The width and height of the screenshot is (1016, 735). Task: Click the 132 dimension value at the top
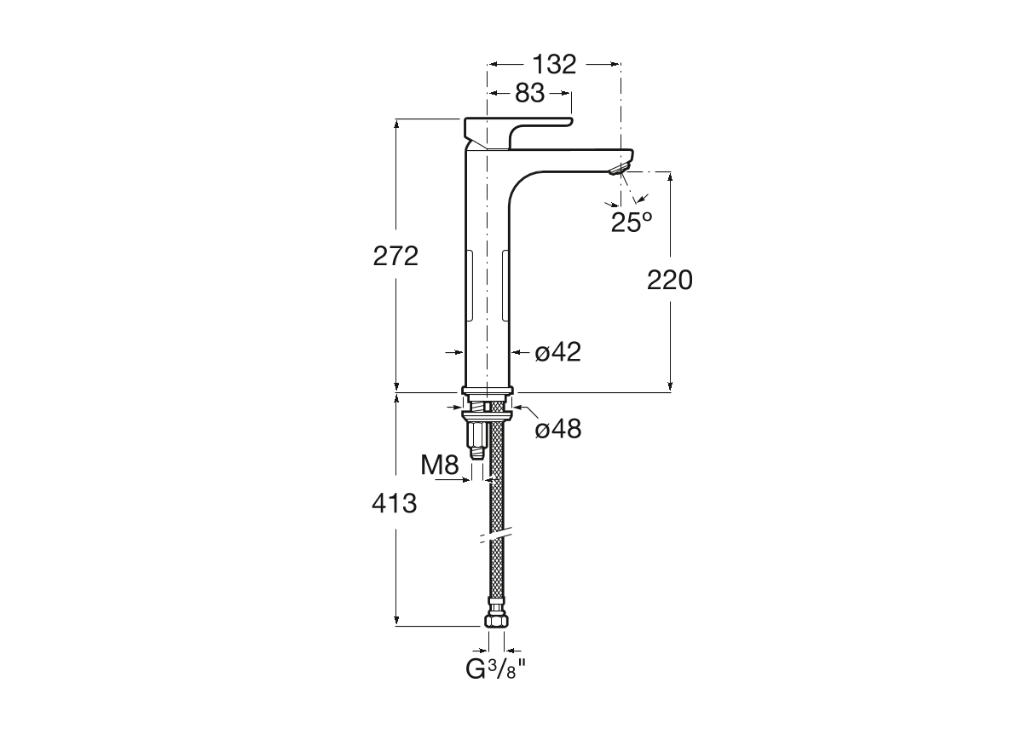(554, 64)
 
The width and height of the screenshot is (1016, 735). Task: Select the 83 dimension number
(529, 93)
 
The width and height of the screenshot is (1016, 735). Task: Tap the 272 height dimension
(395, 257)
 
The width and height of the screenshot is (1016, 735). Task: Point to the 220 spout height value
(669, 280)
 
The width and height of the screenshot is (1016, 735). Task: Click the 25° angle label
(631, 223)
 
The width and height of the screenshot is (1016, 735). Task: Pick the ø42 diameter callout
(558, 352)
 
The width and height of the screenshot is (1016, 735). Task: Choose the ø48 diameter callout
(558, 429)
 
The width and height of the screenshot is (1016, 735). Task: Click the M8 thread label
(440, 465)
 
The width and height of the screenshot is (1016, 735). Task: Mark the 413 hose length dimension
(394, 503)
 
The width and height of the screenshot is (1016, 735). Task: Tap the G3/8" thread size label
(496, 669)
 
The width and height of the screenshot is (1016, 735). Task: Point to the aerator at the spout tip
(619, 171)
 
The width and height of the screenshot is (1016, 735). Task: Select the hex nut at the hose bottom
(496, 620)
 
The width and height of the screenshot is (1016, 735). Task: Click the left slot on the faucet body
(468, 285)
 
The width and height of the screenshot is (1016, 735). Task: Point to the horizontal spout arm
(570, 161)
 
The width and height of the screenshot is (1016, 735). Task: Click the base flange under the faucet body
(487, 391)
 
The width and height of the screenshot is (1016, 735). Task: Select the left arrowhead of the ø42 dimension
(460, 352)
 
